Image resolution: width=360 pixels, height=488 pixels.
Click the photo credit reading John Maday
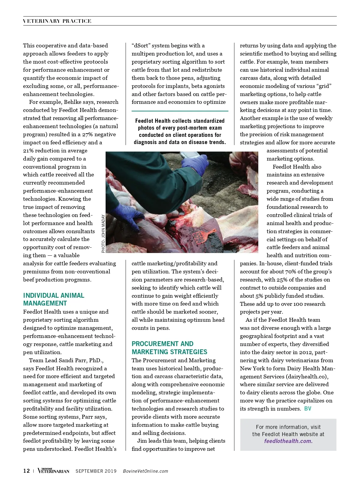coord(103,233)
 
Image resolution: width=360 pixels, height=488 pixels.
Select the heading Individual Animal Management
coord(54,299)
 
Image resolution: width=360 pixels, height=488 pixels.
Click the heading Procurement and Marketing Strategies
coord(169,348)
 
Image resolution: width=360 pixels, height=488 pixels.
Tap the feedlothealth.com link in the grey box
coord(288,441)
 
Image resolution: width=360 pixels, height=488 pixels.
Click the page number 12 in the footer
coord(26,471)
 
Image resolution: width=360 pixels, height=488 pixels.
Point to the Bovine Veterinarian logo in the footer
coord(53,471)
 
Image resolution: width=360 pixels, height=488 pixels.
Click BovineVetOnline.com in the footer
coord(145,471)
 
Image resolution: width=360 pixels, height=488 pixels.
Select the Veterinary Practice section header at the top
coord(57,21)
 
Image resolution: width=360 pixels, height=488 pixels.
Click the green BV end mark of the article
coord(307,408)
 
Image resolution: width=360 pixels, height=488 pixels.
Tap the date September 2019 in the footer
coord(96,471)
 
